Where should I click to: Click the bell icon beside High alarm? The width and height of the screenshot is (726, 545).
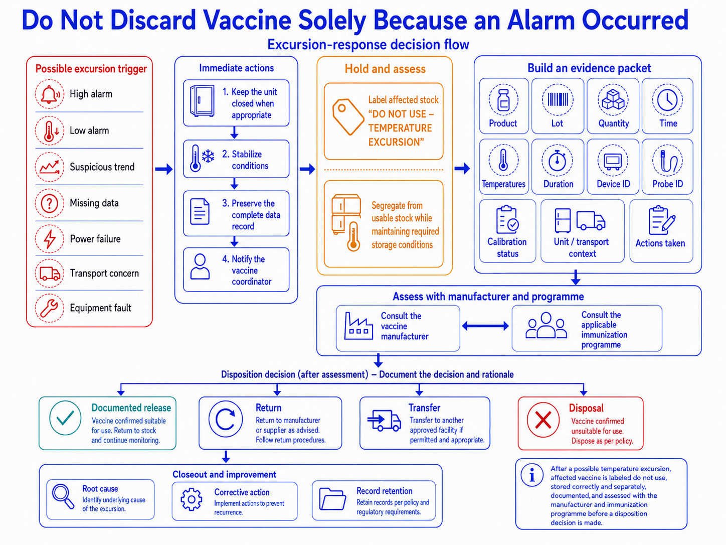(50, 94)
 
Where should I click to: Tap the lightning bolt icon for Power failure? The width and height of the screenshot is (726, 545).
(50, 239)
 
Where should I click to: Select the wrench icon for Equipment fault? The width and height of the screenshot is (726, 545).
(50, 308)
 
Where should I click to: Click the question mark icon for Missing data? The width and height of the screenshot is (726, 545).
(50, 203)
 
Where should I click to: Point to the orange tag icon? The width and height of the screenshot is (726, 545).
(348, 116)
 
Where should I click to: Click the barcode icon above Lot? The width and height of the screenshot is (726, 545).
(558, 99)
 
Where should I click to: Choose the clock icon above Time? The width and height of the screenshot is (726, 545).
(667, 99)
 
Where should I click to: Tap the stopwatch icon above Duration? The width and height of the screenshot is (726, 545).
(558, 161)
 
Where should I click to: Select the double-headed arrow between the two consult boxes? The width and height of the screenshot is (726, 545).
(485, 326)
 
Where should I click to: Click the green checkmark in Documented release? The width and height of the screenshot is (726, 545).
(65, 418)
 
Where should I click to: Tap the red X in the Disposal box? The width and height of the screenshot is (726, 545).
(543, 420)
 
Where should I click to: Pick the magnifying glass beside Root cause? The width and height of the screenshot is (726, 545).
(63, 496)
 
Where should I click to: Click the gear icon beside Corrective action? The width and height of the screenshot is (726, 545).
(192, 499)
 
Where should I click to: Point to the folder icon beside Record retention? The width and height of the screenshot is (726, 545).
(332, 499)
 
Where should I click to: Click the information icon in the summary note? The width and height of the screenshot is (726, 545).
(532, 475)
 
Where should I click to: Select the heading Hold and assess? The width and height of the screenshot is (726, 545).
(386, 69)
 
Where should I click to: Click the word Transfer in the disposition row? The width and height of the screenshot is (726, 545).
(424, 407)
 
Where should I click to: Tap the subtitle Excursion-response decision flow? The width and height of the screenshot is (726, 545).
(368, 44)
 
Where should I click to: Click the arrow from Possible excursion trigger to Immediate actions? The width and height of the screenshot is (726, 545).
(164, 169)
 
